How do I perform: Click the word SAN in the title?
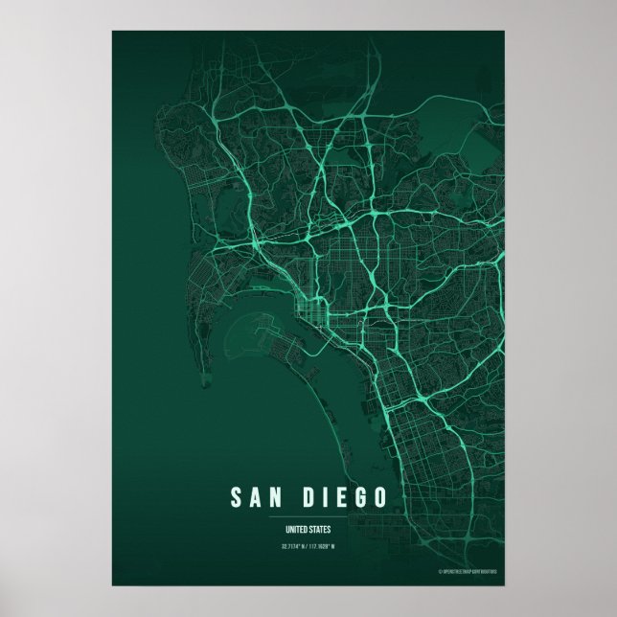pyautogui.click(x=260, y=498)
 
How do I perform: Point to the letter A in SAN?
pyautogui.click(x=260, y=498)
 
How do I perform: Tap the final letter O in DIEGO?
pyautogui.click(x=381, y=498)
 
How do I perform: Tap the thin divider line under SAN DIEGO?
pyautogui.click(x=308, y=517)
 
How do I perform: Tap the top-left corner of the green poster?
pyautogui.click(x=113, y=32)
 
